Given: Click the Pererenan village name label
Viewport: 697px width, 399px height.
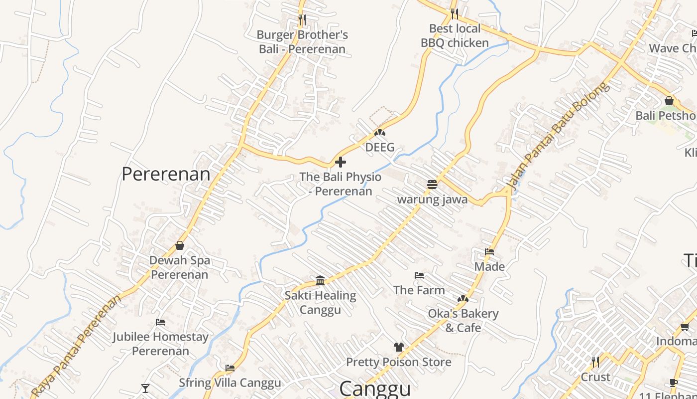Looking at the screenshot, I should click(166, 174).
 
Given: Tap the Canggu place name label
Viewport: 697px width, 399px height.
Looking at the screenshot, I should click(375, 389).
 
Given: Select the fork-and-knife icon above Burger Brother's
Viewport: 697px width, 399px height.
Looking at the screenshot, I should click(302, 20).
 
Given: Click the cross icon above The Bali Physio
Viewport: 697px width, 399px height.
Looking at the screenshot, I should click(341, 162).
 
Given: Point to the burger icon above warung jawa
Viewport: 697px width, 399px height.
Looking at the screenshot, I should click(432, 185).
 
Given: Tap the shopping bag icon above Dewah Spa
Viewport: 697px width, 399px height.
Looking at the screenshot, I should click(180, 245).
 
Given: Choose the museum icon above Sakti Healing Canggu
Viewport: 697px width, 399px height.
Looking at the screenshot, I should click(320, 280).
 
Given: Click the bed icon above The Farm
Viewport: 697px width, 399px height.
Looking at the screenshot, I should click(419, 275).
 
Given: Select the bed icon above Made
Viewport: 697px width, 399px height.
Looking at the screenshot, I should click(489, 252).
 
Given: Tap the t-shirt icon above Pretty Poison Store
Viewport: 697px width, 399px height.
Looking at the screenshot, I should click(398, 347).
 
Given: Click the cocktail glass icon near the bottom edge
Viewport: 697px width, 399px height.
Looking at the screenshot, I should click(145, 388).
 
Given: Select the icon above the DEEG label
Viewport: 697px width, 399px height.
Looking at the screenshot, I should click(380, 133).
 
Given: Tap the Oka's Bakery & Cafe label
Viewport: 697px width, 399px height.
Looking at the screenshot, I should click(463, 320).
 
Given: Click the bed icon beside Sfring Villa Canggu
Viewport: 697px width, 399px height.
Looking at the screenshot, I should click(230, 368).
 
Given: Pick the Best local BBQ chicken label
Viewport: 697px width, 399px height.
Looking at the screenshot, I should click(455, 35).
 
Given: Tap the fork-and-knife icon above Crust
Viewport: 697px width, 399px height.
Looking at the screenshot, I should click(595, 362).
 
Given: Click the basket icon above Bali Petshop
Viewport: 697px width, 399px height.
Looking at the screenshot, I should click(669, 101).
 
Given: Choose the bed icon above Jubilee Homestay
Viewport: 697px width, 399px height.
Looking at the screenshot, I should click(160, 322).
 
